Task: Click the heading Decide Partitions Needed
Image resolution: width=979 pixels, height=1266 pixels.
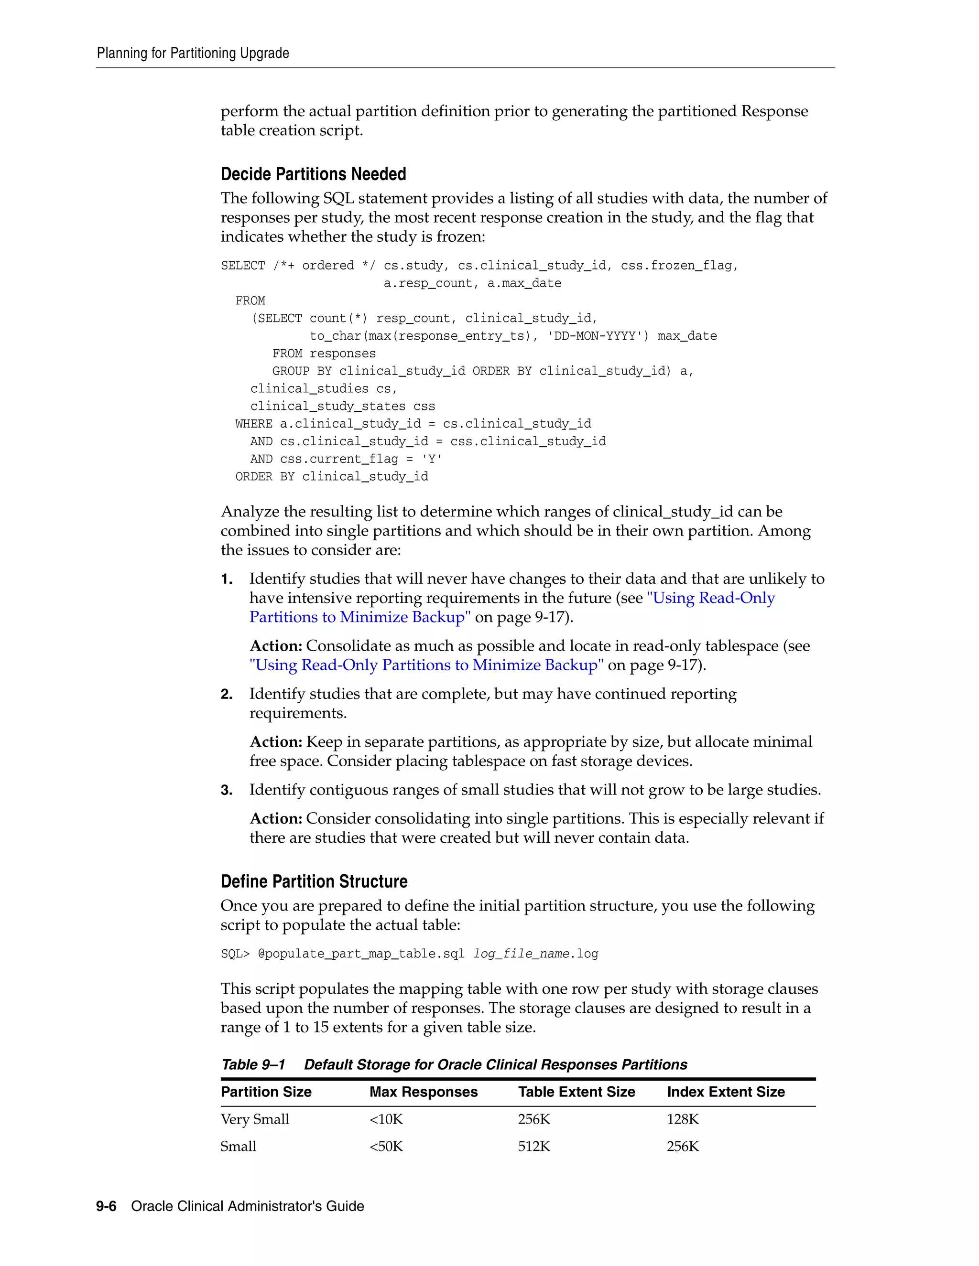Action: (313, 174)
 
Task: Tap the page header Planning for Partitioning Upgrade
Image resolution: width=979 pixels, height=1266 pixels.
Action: (193, 54)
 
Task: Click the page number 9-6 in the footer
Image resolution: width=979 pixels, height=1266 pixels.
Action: (106, 1206)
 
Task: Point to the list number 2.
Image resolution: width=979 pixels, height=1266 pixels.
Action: (227, 695)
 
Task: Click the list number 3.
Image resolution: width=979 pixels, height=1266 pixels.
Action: (227, 790)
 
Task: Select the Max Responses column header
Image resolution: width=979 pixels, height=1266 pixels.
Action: (424, 1092)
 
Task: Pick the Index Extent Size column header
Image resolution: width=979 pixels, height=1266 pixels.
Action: (726, 1092)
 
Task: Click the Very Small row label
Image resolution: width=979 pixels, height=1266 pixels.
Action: (255, 1119)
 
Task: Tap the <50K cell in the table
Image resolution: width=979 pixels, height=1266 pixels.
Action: (386, 1147)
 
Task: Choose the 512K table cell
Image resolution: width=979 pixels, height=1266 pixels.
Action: (534, 1147)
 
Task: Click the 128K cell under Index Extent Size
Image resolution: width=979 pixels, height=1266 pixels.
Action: (683, 1119)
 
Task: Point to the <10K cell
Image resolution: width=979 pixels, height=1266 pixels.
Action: (386, 1119)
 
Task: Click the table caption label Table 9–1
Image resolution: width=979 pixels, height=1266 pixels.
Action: (253, 1065)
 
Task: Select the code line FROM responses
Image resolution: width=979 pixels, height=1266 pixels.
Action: (324, 354)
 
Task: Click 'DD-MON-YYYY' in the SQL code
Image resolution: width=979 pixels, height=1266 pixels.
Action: (598, 336)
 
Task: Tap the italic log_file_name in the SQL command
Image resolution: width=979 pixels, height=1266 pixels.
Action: (522, 954)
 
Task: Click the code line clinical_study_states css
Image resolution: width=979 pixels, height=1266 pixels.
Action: (342, 407)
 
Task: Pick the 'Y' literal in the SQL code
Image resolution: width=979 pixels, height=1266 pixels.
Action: (432, 459)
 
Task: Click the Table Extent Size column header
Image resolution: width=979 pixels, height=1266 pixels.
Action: (577, 1092)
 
